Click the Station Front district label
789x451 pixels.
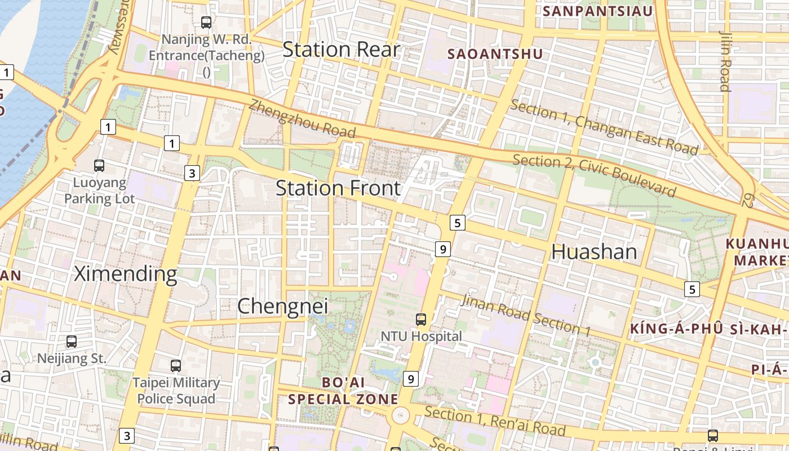coord(338,188)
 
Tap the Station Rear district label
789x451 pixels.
coord(341,50)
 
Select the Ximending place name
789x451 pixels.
coord(126,274)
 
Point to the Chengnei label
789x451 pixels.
coord(282,306)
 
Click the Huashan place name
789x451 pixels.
coord(594,251)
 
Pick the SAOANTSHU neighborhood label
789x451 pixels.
coord(495,54)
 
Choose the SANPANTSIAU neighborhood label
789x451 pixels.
coord(597,11)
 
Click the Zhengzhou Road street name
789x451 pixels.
coord(302,118)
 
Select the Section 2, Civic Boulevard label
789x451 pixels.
coord(594,175)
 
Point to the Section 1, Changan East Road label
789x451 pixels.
coord(604,127)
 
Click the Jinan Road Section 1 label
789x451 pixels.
coord(525,315)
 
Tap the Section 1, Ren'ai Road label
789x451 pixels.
coord(495,421)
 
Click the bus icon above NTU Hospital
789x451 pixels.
coord(421,320)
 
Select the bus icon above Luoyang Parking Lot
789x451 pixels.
coord(99,166)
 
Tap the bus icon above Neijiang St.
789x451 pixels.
coord(72,342)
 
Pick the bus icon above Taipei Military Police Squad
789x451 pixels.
coord(176,366)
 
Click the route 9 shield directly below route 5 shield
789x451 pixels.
coord(443,249)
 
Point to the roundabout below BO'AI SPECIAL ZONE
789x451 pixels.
coord(400,416)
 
